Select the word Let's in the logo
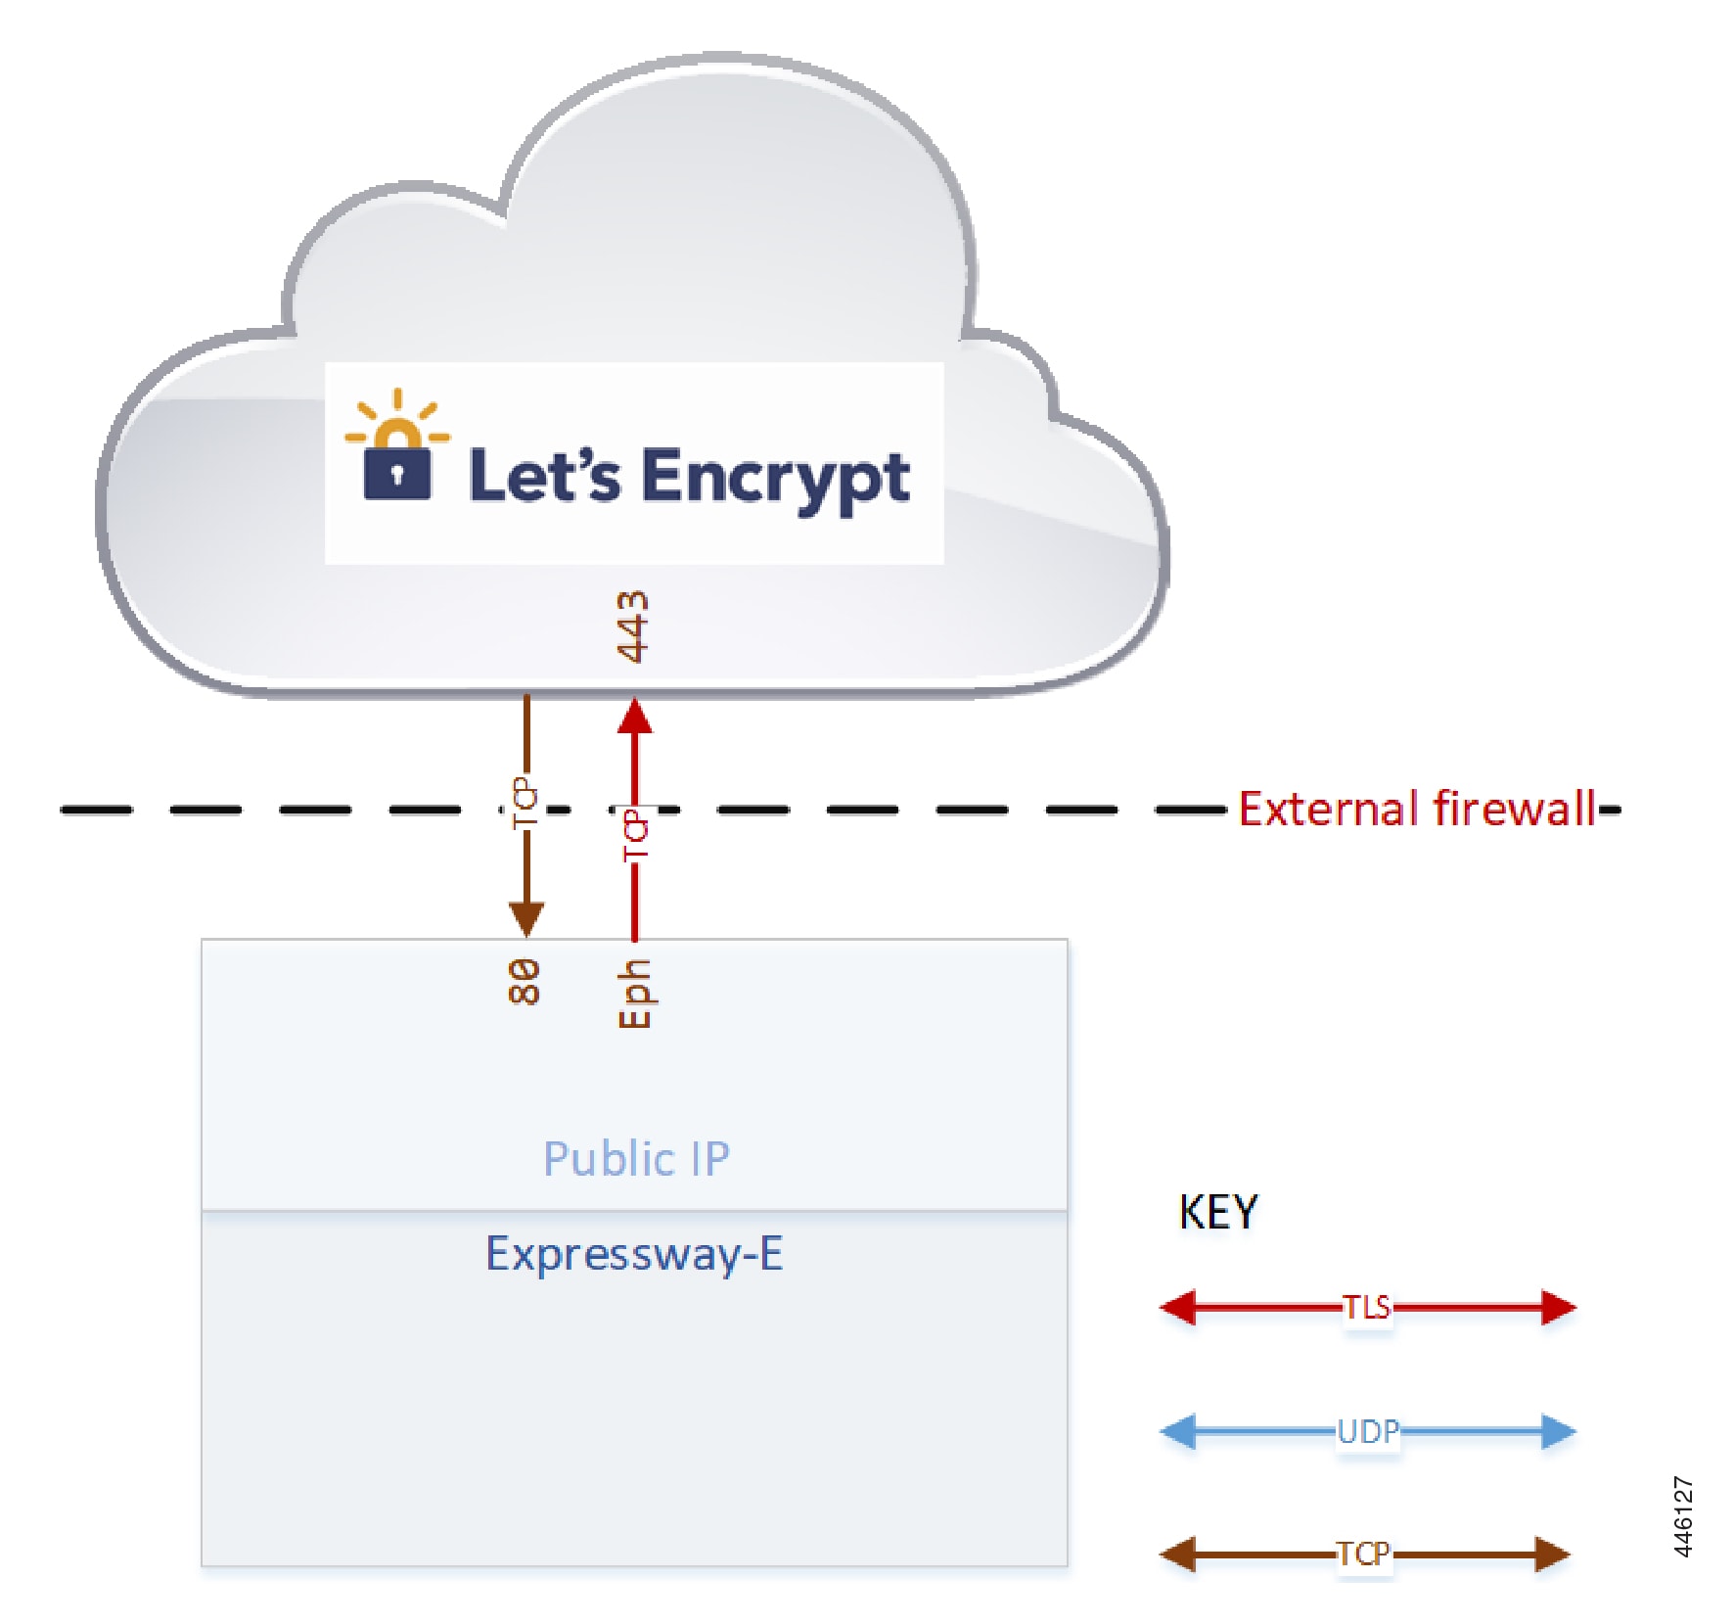(543, 476)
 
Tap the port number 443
(633, 626)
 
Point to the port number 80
(525, 981)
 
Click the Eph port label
(634, 993)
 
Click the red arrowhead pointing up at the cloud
(635, 718)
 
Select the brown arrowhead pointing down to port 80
(526, 918)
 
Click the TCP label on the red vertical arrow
(635, 836)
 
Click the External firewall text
(1417, 810)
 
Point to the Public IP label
(636, 1159)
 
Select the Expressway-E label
(634, 1254)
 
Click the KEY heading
(1217, 1212)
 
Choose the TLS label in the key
(1366, 1307)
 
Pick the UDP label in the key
(1367, 1431)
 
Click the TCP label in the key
(1363, 1554)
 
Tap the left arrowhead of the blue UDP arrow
(1178, 1431)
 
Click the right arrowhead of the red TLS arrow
(1558, 1307)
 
